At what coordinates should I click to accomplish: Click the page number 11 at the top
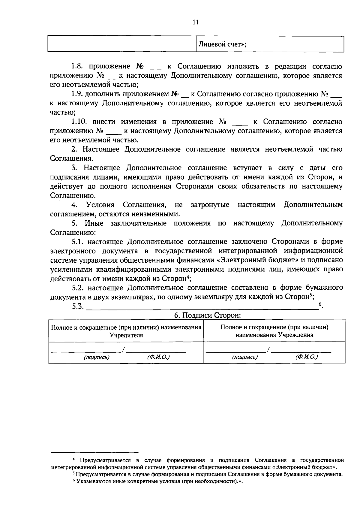[x=196, y=22]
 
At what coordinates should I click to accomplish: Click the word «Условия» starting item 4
[x=100, y=205]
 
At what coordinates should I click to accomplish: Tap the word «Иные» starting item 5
[x=94, y=223]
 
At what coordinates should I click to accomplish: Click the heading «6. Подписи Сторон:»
[x=208, y=315]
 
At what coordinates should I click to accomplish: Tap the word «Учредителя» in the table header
[x=126, y=335]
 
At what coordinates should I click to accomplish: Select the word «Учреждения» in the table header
[x=295, y=335]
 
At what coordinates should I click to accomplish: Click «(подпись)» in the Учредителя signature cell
[x=96, y=357]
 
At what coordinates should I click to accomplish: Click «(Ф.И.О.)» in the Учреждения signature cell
[x=306, y=357]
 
